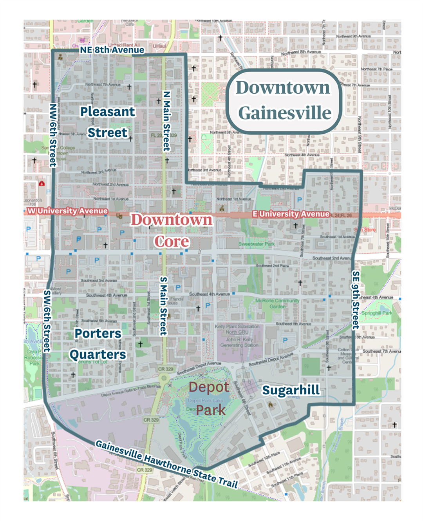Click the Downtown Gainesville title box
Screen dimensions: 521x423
tap(284, 101)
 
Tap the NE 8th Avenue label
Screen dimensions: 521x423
tap(112, 50)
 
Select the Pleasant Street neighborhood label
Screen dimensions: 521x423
tap(107, 122)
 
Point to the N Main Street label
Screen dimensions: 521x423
tap(166, 121)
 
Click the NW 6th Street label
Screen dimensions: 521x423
tap(53, 135)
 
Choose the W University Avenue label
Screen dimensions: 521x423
tap(67, 211)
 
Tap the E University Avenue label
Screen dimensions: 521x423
tap(291, 214)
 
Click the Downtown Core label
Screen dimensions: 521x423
tap(172, 231)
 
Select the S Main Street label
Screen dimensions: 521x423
tap(163, 306)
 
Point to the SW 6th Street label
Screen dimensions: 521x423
tap(47, 321)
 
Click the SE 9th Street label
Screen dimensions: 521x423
tap(356, 300)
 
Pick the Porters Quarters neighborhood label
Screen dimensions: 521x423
tap(98, 344)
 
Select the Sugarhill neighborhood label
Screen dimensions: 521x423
tap(291, 390)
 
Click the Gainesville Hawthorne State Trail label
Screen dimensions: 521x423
tap(166, 464)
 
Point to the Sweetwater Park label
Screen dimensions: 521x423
tap(257, 244)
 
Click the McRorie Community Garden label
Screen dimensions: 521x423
tap(277, 303)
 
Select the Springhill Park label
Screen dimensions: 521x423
tap(376, 313)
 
